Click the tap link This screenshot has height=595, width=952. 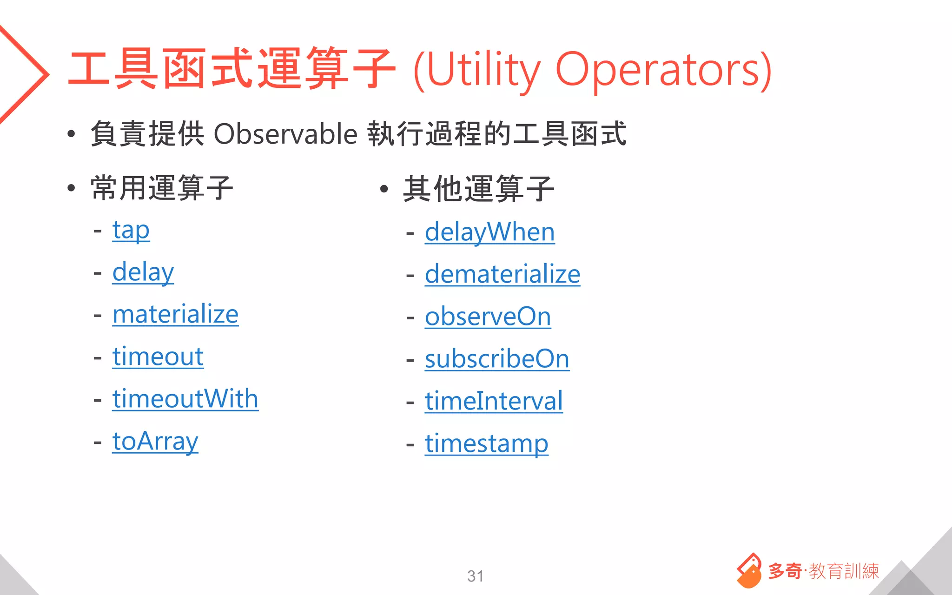(x=131, y=231)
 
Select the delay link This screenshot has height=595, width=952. (x=143, y=272)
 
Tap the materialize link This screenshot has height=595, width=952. (x=175, y=315)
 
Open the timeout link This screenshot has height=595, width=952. (x=158, y=357)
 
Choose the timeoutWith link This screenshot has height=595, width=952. (x=185, y=399)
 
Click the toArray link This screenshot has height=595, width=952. (x=155, y=442)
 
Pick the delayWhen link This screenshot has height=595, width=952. (x=489, y=232)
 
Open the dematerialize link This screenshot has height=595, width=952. (x=502, y=275)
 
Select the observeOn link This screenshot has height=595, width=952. (x=488, y=317)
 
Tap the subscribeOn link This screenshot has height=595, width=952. (x=496, y=359)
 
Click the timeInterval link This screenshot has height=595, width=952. (x=493, y=402)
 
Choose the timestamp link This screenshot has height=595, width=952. (x=486, y=444)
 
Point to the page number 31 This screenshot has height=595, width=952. (x=475, y=576)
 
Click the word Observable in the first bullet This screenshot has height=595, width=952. (x=285, y=134)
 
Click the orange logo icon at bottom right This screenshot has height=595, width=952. (x=748, y=571)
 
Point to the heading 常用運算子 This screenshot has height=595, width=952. (x=162, y=188)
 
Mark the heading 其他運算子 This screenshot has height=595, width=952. (x=478, y=189)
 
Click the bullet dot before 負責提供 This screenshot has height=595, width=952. (x=71, y=134)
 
